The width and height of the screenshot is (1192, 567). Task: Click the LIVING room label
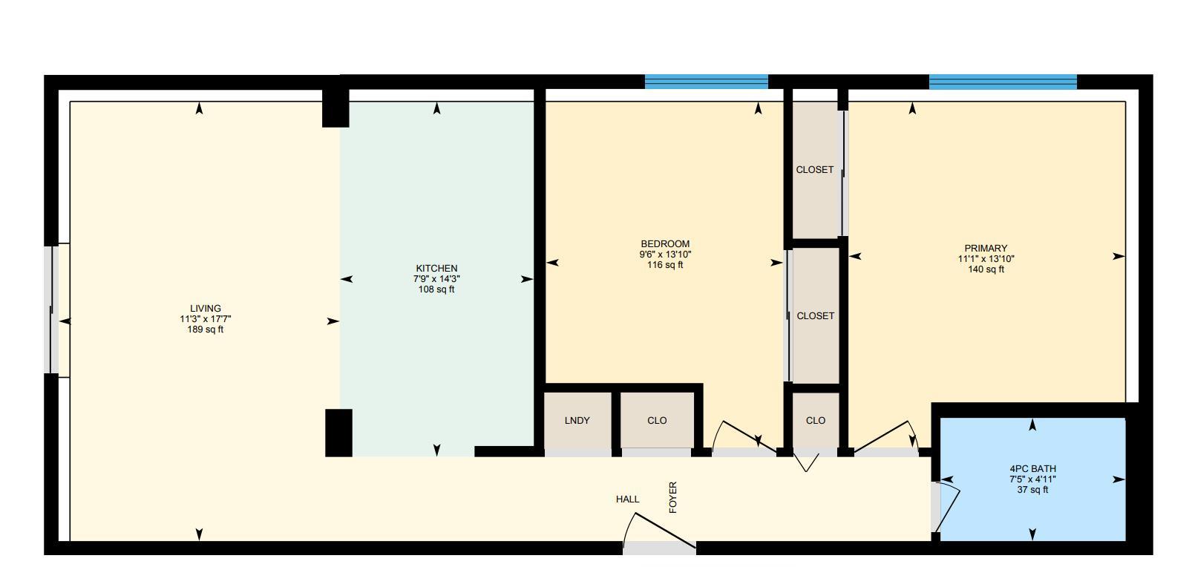click(206, 309)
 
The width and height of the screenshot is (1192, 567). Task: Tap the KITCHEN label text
click(436, 269)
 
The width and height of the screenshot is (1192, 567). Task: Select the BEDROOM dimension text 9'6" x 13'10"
click(665, 255)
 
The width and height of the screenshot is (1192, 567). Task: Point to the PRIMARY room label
click(986, 249)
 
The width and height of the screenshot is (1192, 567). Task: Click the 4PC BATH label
click(1032, 469)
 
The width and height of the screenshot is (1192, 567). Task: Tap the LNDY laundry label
click(577, 421)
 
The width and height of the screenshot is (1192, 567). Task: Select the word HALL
click(627, 499)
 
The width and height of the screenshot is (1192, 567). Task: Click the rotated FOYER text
click(673, 497)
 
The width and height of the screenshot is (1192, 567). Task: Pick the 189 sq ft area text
click(206, 330)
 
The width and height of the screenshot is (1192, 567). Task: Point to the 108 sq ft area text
click(436, 289)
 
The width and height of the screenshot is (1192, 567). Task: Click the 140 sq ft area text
click(986, 269)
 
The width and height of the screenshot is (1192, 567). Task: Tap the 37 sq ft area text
click(1032, 490)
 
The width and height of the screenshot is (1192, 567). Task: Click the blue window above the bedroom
click(706, 82)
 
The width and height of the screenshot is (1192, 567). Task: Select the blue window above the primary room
click(1003, 82)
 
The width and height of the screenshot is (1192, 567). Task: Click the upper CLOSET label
click(815, 170)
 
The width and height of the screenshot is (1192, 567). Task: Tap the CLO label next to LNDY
click(657, 421)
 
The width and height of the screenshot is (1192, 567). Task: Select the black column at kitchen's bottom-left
click(338, 433)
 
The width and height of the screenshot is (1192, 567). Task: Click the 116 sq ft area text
click(665, 265)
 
